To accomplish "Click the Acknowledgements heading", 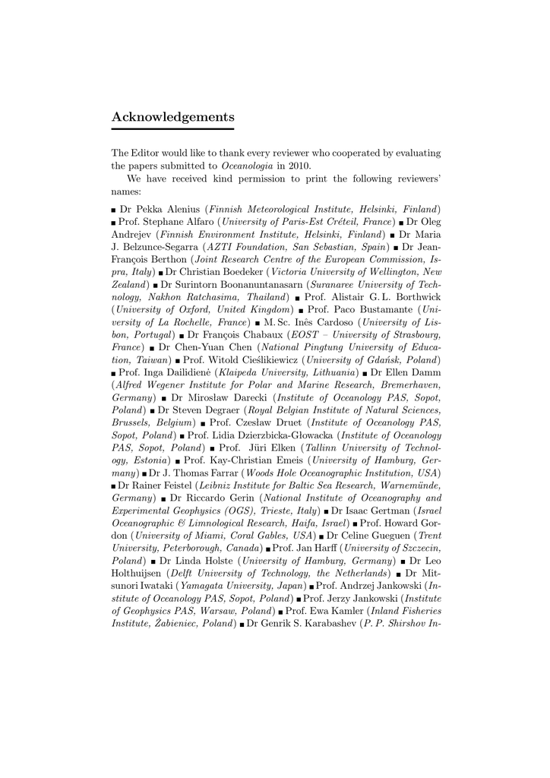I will coord(172,117).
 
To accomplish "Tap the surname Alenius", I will coord(181,209).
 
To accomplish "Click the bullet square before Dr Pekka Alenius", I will coord(114,210).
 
